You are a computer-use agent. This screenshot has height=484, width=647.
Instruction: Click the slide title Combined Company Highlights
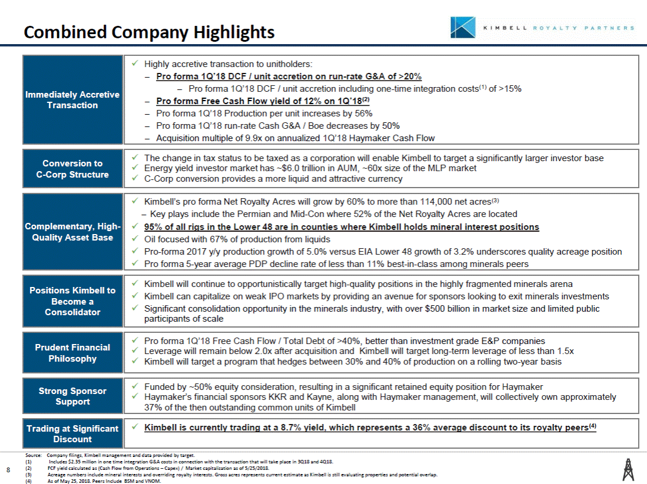[149, 32]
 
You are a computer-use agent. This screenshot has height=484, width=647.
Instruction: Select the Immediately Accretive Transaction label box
[72, 100]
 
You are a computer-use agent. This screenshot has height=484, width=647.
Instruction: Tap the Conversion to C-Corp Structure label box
[72, 169]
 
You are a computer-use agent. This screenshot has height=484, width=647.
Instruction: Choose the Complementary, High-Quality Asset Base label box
[72, 232]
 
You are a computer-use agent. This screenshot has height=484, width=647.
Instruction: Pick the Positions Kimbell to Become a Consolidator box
[72, 301]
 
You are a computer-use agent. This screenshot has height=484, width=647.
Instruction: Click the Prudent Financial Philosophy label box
[72, 353]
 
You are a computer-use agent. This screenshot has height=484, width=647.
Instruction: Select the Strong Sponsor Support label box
[72, 396]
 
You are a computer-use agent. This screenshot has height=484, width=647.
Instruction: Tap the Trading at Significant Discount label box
[72, 434]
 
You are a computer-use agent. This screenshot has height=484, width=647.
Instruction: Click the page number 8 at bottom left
[8, 469]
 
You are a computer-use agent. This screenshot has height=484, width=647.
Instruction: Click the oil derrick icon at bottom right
[628, 469]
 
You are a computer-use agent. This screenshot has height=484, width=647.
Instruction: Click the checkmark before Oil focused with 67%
[135, 239]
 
